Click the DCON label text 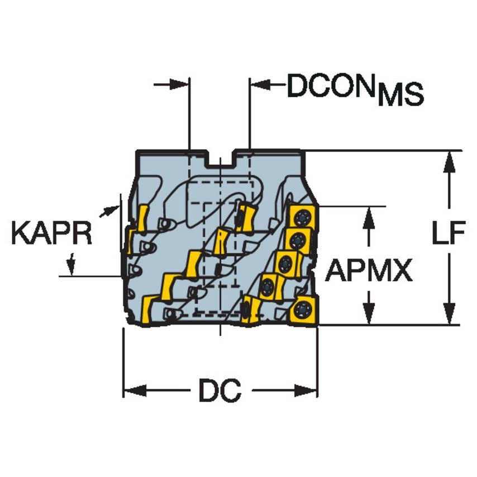(x=330, y=85)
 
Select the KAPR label (x=51, y=233)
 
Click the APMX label (x=369, y=270)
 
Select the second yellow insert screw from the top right (x=297, y=241)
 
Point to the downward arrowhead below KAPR (x=71, y=267)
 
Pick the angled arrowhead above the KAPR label (x=111, y=210)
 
